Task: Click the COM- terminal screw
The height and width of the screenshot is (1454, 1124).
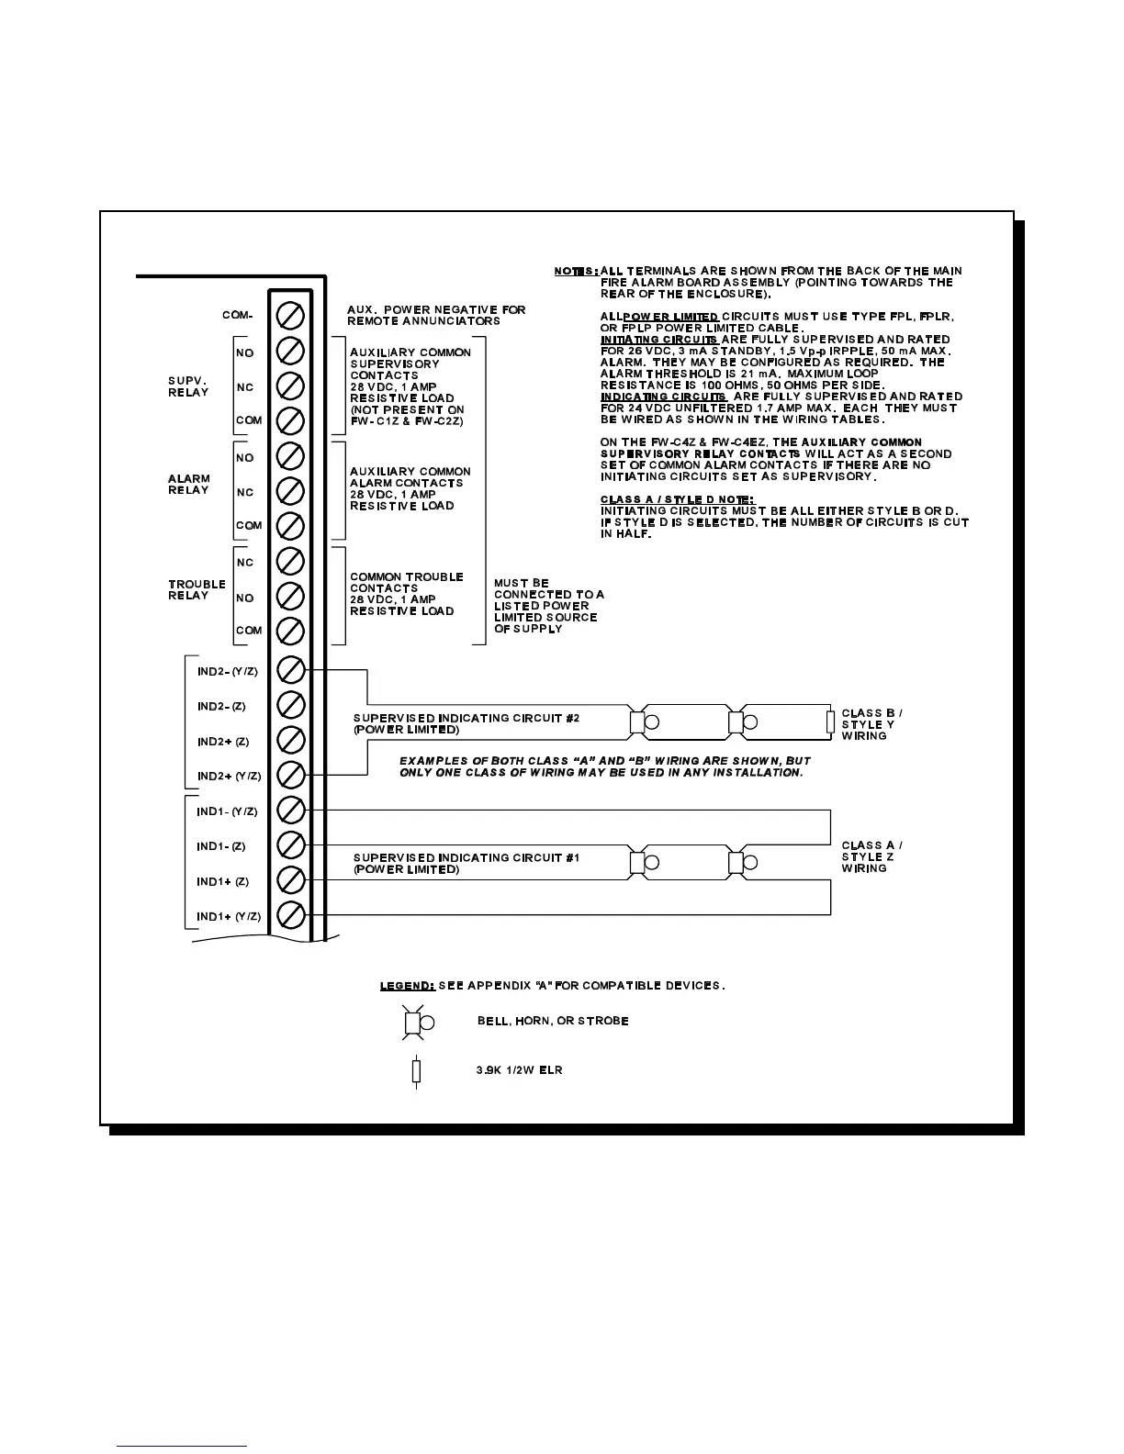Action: click(291, 315)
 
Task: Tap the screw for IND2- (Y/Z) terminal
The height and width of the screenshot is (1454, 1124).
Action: click(291, 670)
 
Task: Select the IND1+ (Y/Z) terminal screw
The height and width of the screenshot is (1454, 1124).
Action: click(291, 915)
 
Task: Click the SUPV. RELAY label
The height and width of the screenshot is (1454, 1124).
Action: click(188, 386)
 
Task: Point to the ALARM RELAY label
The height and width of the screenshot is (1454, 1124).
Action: click(189, 484)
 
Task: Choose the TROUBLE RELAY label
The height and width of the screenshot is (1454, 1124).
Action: click(197, 589)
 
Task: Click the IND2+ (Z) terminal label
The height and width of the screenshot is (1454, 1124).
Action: click(222, 742)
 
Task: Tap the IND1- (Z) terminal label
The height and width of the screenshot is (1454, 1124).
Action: click(221, 846)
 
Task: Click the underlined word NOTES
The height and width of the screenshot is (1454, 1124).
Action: click(576, 271)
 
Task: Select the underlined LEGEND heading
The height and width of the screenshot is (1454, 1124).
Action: click(407, 986)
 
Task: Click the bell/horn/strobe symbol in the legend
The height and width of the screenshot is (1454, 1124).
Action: click(414, 1022)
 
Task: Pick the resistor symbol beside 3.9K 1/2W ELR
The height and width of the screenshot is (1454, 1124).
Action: click(416, 1071)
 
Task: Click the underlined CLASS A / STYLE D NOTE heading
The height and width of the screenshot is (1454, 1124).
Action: click(677, 499)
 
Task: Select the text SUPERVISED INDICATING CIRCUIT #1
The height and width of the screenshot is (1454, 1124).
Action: click(466, 857)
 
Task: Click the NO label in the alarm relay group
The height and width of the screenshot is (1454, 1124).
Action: click(244, 457)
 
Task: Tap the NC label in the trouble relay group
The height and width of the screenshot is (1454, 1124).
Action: click(244, 562)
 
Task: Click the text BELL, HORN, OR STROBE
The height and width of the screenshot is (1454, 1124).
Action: click(553, 1021)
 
